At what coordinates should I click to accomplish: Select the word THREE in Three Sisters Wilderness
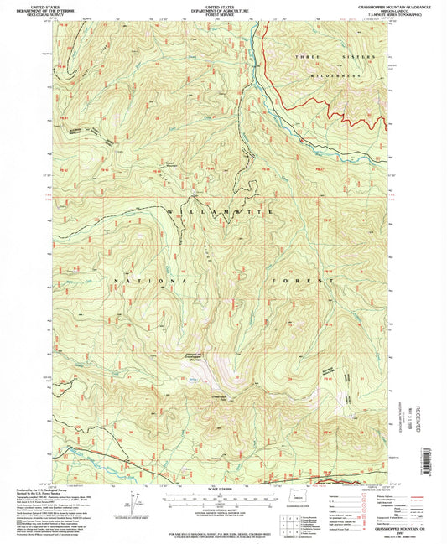[x=303, y=56]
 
